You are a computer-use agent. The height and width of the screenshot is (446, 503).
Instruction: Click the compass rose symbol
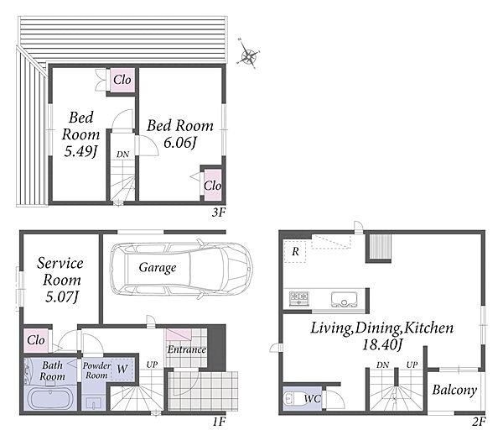(247, 56)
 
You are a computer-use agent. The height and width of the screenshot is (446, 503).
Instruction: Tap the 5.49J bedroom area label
(80, 151)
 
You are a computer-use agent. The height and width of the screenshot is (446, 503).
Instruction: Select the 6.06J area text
(179, 142)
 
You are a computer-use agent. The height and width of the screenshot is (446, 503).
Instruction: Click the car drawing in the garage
(181, 267)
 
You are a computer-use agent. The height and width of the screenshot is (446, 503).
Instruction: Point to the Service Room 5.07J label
(60, 280)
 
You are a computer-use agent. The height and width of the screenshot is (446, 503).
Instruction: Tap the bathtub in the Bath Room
(50, 399)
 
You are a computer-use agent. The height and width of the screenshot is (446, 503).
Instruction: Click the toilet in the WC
(291, 398)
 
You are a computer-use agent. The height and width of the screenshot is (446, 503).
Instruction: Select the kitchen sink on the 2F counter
(344, 300)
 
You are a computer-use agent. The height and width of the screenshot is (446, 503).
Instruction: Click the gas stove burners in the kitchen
(299, 298)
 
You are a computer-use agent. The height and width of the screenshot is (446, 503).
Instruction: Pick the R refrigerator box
(295, 251)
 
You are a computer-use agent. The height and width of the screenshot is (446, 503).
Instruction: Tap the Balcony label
(454, 390)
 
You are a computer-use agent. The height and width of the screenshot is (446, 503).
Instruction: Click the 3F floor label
(219, 213)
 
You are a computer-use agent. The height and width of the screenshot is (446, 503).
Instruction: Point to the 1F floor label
(219, 422)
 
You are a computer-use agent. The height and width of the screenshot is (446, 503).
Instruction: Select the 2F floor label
(479, 422)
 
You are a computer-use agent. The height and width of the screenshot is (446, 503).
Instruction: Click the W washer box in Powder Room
(122, 370)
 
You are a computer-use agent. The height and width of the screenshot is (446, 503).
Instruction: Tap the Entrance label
(187, 349)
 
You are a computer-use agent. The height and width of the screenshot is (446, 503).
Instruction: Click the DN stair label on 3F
(122, 155)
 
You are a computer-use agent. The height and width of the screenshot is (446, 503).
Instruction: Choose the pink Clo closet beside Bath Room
(36, 340)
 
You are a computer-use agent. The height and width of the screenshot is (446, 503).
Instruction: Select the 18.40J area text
(381, 344)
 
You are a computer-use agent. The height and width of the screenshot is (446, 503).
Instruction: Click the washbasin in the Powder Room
(93, 403)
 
